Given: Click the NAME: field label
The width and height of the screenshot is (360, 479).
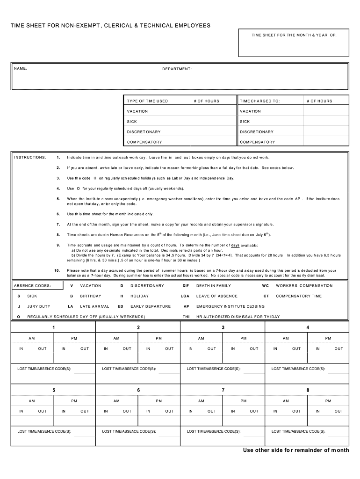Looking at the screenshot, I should click(x=21, y=69).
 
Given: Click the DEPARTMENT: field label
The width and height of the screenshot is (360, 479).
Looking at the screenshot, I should click(x=177, y=69).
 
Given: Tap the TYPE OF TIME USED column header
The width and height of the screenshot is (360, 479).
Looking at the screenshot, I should click(x=147, y=101).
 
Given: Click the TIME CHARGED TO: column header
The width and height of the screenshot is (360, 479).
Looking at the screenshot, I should click(x=260, y=101).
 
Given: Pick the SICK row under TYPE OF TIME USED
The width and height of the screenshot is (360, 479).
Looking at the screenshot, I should click(x=132, y=122).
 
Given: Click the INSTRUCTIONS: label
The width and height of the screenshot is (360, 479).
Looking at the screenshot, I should click(x=30, y=157).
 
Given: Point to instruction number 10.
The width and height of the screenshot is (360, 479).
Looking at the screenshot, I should click(x=57, y=270).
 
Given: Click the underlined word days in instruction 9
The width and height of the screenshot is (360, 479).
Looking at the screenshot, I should click(x=235, y=245).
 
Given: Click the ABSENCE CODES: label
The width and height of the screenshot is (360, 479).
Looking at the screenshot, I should click(x=32, y=286).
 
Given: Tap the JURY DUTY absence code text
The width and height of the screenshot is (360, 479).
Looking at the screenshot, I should click(x=39, y=306).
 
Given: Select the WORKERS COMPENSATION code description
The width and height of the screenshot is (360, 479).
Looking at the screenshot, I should click(x=304, y=286).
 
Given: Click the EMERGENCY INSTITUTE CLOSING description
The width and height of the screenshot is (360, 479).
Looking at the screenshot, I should click(x=230, y=306).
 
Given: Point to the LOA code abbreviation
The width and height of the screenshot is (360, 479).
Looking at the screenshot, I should click(x=185, y=296).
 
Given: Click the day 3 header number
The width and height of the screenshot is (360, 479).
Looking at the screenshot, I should click(x=223, y=327).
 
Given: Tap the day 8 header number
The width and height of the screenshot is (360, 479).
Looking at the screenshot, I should click(x=308, y=390).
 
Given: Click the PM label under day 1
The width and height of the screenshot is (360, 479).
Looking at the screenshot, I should click(x=74, y=338).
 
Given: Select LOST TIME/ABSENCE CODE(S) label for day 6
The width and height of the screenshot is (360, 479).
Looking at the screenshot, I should click(x=129, y=431).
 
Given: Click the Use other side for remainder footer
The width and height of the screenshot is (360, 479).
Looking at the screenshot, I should click(x=295, y=450).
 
